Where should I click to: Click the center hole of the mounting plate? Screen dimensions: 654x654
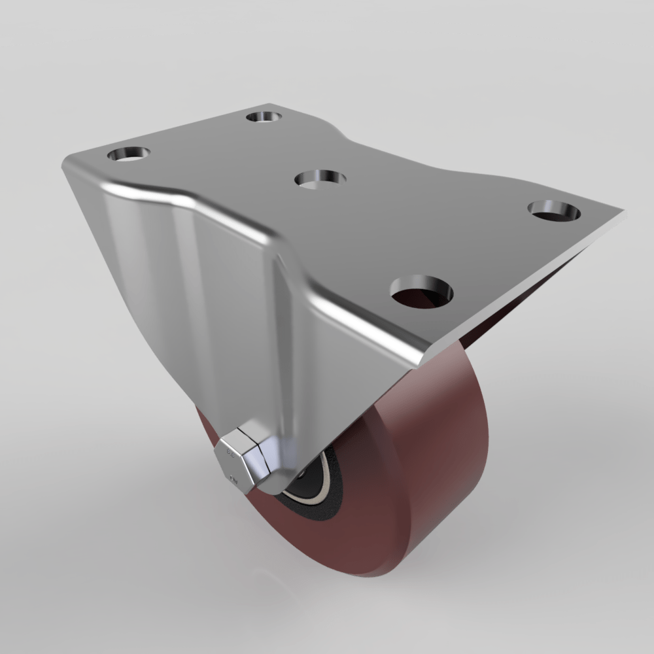(320, 178)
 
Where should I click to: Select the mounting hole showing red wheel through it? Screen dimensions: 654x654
(422, 292)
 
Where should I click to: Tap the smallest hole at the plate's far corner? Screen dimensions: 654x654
(264, 117)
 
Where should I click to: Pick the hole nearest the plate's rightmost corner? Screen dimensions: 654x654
(555, 210)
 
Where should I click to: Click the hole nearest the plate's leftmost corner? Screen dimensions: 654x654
(129, 154)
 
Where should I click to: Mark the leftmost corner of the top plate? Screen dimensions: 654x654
(63, 163)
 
